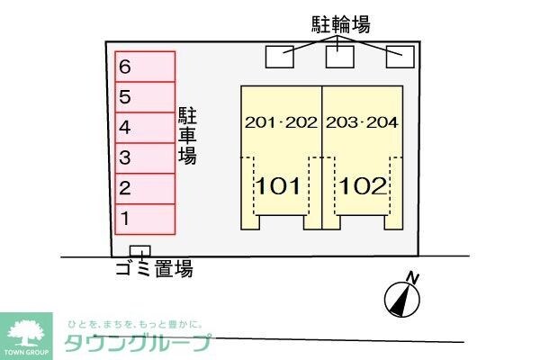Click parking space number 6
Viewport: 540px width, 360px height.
pyautogui.click(x=144, y=67)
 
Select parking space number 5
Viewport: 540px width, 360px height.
pyautogui.click(x=144, y=97)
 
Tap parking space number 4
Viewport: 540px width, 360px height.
pyautogui.click(x=144, y=127)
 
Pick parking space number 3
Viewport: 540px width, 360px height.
pyautogui.click(x=144, y=157)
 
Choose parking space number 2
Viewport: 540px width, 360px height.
pyautogui.click(x=144, y=188)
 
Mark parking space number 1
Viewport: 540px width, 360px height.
pyautogui.click(x=144, y=218)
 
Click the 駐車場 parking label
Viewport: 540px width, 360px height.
pyautogui.click(x=187, y=135)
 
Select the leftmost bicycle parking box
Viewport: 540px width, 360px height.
pyautogui.click(x=279, y=56)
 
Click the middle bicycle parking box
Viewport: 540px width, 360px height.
pyautogui.click(x=339, y=56)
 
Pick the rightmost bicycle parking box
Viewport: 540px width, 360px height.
pyautogui.click(x=399, y=56)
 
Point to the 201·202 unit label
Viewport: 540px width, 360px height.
pyautogui.click(x=281, y=123)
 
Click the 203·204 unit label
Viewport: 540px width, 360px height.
pyautogui.click(x=362, y=123)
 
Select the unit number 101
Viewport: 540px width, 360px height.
pyautogui.click(x=279, y=186)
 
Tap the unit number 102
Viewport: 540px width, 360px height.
pyautogui.click(x=363, y=186)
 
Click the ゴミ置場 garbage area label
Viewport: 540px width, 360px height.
pyautogui.click(x=154, y=269)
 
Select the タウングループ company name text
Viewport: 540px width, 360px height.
pyautogui.click(x=137, y=343)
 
